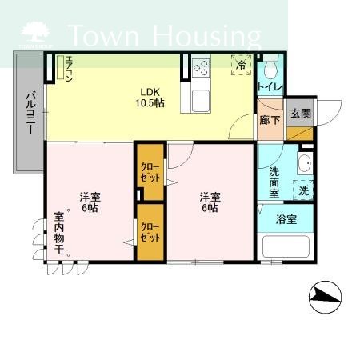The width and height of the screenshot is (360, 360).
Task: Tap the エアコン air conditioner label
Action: (x=70, y=69)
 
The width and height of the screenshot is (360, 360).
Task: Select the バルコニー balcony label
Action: (x=30, y=114)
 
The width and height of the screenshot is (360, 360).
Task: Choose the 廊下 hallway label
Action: (x=270, y=120)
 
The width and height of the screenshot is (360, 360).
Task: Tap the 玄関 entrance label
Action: (x=299, y=114)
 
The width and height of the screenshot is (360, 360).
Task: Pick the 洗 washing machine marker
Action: (x=303, y=190)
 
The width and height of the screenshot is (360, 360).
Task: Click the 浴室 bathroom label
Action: (x=286, y=217)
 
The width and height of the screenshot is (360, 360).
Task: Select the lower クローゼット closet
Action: (x=150, y=232)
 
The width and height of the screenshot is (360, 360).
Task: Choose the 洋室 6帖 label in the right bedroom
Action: (x=210, y=202)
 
